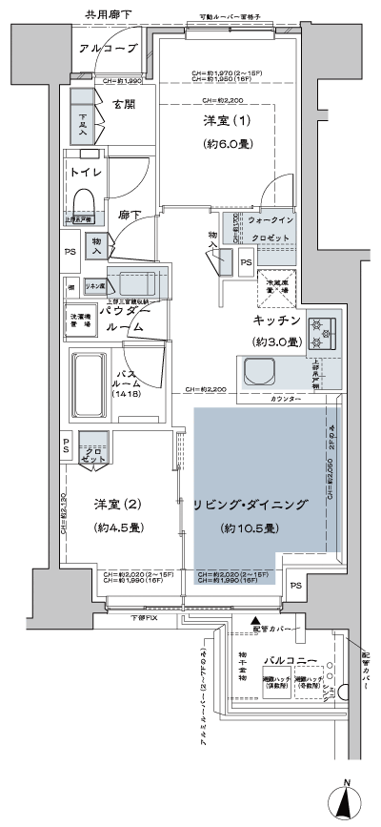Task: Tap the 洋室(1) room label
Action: coord(225,123)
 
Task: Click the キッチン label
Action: coord(277,320)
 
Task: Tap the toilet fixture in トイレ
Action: coord(83,203)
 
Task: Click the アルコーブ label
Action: coord(109,49)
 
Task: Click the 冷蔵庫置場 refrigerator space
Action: coord(277,281)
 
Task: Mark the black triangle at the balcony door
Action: coord(255,622)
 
